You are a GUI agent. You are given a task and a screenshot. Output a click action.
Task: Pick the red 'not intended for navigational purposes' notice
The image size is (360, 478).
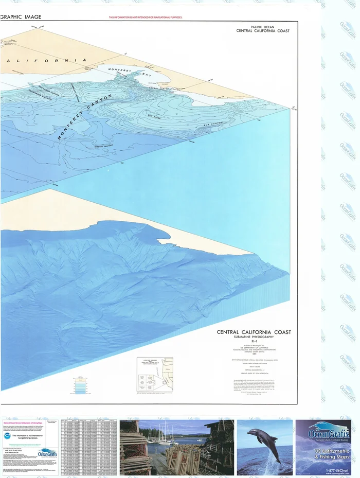pyautogui.click(x=146, y=17)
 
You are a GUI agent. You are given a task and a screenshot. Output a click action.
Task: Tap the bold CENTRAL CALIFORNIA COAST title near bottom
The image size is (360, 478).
pyautogui.click(x=254, y=332)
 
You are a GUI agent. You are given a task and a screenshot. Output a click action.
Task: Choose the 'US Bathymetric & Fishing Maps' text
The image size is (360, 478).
pyautogui.click(x=323, y=453)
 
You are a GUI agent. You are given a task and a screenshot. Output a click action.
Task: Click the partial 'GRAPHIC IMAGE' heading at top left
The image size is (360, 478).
pyautogui.click(x=21, y=17)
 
